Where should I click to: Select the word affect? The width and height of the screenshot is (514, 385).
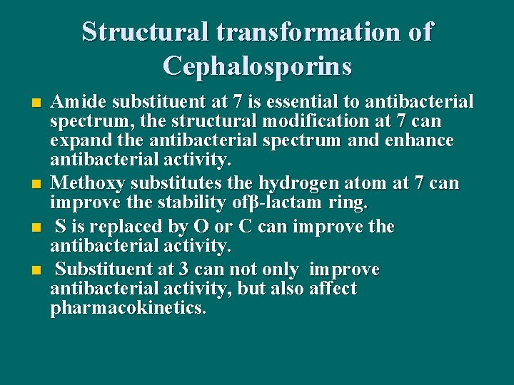331,289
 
